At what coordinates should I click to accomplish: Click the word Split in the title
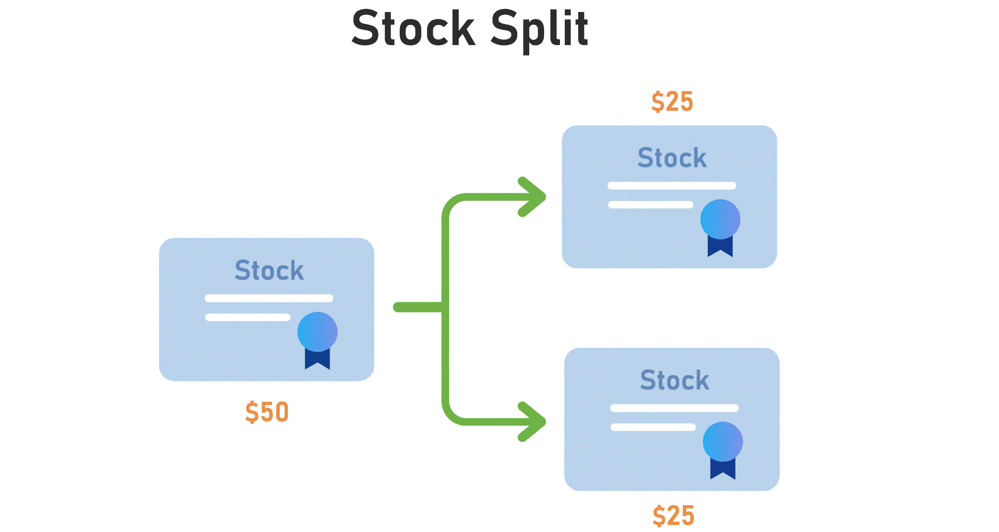tap(539, 29)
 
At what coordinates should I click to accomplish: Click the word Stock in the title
tap(413, 29)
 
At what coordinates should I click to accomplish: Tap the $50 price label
tap(267, 412)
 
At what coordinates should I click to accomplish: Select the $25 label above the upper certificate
tap(672, 102)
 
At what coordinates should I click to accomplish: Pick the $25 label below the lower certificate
tap(673, 516)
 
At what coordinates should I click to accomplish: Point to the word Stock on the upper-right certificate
tap(672, 158)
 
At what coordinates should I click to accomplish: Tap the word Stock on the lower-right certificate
tap(675, 380)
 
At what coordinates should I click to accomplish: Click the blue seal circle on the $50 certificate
tap(317, 331)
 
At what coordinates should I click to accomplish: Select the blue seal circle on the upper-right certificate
tap(720, 219)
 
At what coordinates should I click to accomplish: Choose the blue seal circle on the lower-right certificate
tap(723, 441)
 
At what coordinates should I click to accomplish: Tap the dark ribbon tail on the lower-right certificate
tap(723, 469)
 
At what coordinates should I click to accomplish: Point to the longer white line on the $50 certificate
tap(269, 298)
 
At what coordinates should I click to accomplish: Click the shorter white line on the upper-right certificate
tap(651, 205)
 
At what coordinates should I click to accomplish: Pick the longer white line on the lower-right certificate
tap(674, 408)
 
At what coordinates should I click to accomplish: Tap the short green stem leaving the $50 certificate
tap(417, 307)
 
